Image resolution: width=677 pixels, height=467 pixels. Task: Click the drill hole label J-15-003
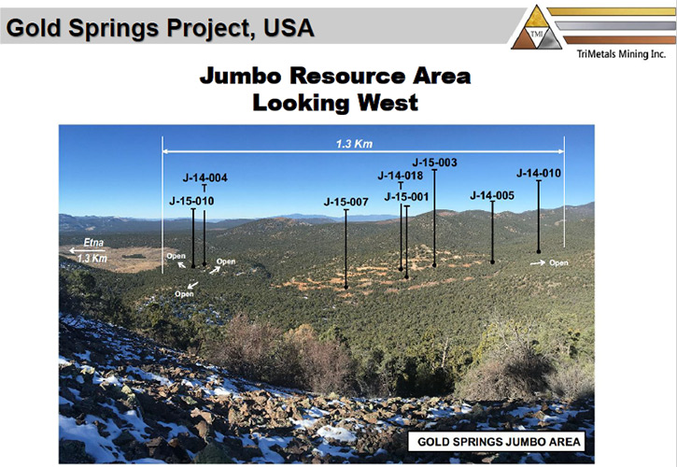434,163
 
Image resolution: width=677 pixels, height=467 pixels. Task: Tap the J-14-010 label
539,173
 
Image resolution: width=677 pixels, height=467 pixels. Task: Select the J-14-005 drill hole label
492,196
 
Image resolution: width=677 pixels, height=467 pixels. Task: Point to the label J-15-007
346,202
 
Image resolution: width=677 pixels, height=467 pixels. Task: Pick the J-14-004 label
205,177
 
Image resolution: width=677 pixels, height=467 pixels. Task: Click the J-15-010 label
191,201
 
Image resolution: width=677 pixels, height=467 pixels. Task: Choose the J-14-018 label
401,176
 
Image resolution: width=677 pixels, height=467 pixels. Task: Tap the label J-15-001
407,197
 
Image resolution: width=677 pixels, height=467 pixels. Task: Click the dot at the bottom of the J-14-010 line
539,251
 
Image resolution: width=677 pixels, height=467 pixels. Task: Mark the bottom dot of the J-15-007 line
346,288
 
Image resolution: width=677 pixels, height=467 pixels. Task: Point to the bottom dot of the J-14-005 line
492,262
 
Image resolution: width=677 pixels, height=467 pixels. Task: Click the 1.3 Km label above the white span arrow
354,144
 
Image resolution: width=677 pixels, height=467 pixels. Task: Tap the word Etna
93,242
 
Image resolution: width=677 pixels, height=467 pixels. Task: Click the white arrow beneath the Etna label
87,250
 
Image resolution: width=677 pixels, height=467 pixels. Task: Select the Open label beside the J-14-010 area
558,262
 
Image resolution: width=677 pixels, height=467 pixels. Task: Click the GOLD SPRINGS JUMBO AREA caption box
496,442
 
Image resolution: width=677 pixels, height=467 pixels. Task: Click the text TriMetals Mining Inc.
621,54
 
